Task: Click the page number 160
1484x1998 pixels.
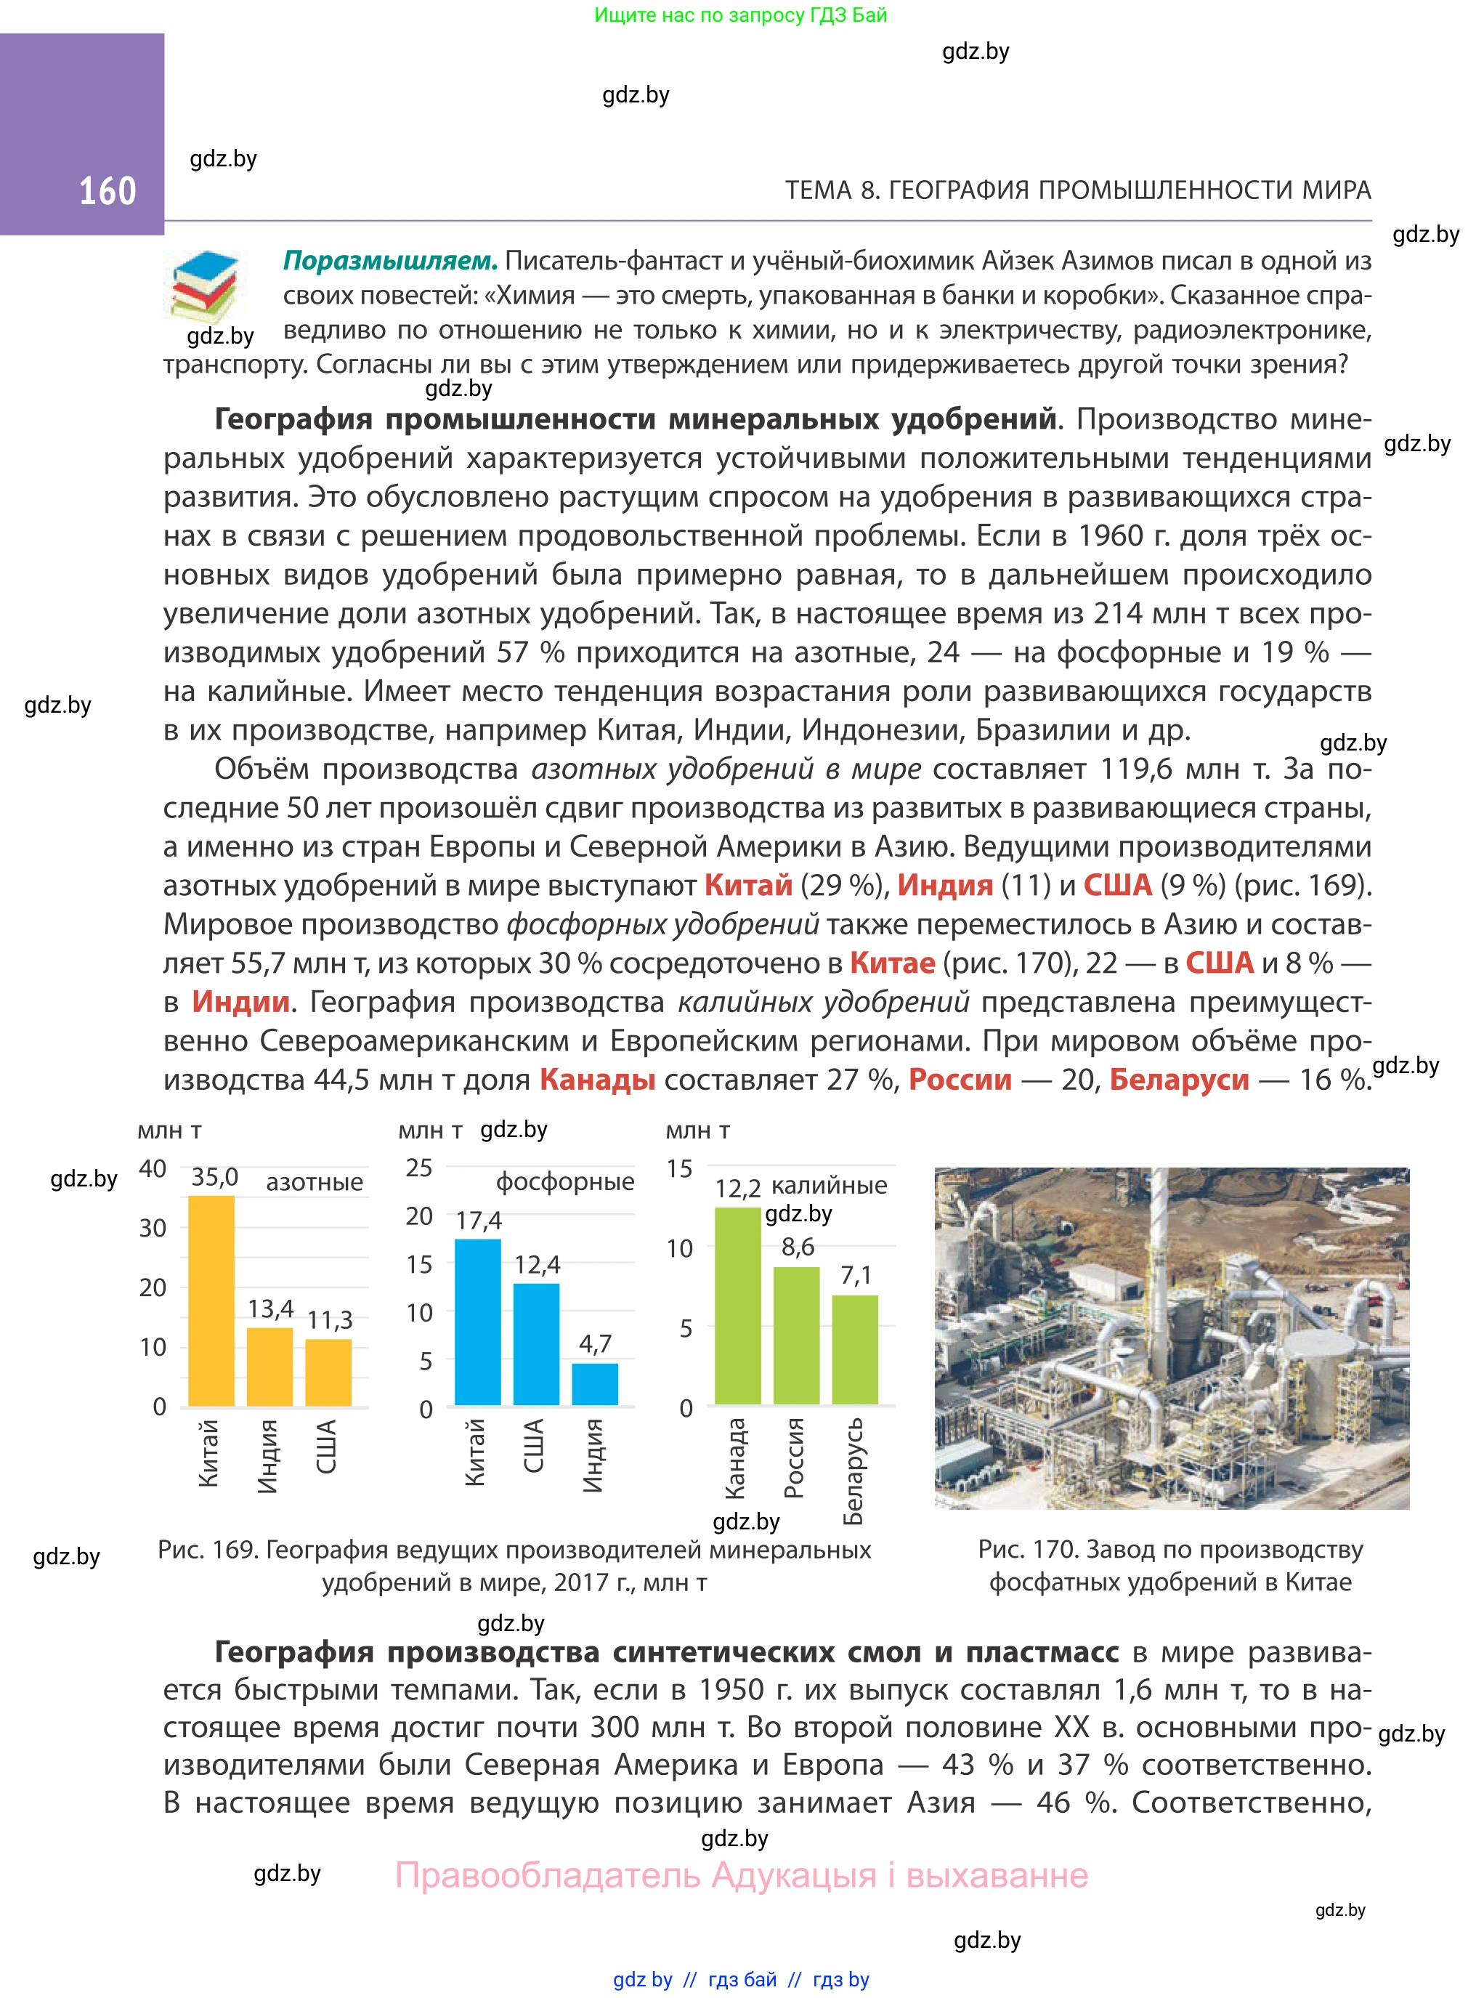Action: click(x=108, y=191)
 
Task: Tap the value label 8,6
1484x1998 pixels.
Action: click(x=798, y=1247)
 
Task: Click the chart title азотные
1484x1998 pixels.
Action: click(x=315, y=1182)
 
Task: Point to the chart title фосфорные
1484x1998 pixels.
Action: click(x=565, y=1181)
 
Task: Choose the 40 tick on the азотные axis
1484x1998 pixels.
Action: click(x=153, y=1169)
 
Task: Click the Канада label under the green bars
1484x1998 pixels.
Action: click(x=735, y=1459)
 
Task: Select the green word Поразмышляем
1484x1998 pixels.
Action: click(x=390, y=261)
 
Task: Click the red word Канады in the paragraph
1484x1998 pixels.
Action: click(x=597, y=1079)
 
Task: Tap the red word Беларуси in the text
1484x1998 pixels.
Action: click(x=1179, y=1079)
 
